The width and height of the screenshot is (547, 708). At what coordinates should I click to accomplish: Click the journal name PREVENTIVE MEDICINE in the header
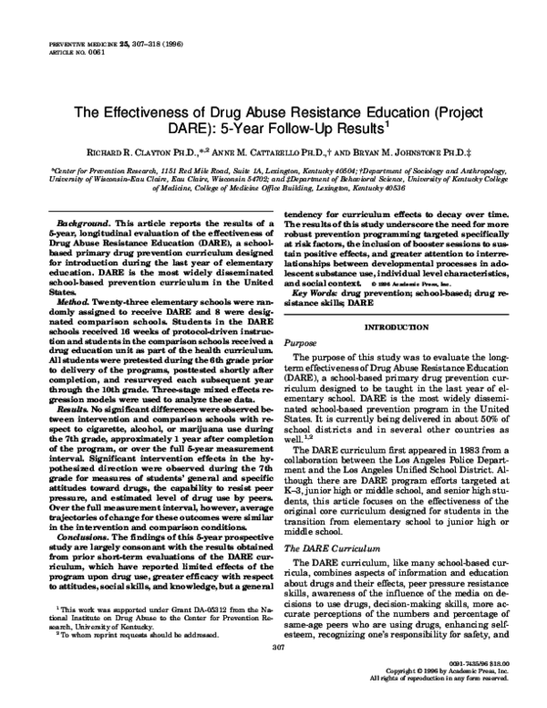pyautogui.click(x=68, y=44)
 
